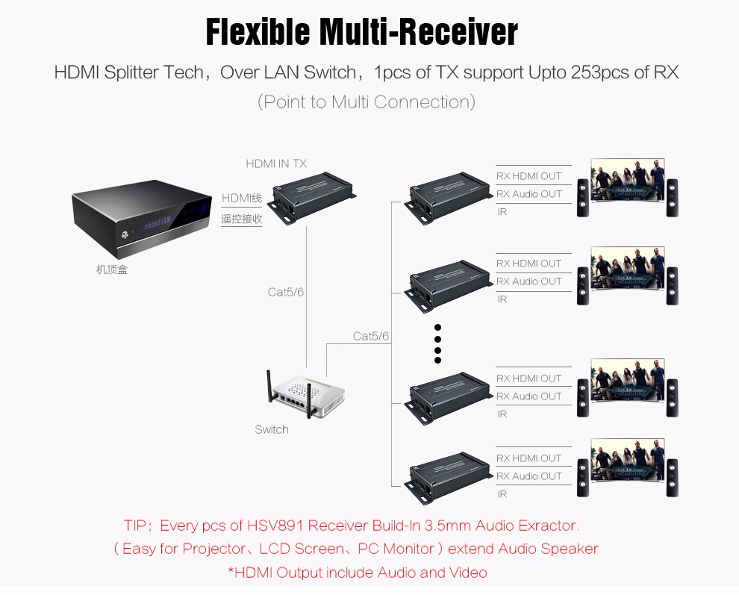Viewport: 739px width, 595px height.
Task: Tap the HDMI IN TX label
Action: click(x=276, y=163)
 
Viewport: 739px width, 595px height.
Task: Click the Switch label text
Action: click(x=271, y=429)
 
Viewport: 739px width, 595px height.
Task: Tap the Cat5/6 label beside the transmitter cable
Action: click(x=286, y=292)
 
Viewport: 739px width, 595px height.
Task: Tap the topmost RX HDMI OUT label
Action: click(x=528, y=176)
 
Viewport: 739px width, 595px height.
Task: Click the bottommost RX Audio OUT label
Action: click(x=528, y=476)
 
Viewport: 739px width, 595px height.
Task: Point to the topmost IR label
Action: click(x=502, y=212)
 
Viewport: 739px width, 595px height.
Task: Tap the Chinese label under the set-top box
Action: click(x=112, y=270)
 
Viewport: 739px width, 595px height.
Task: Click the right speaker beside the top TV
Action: click(x=673, y=197)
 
